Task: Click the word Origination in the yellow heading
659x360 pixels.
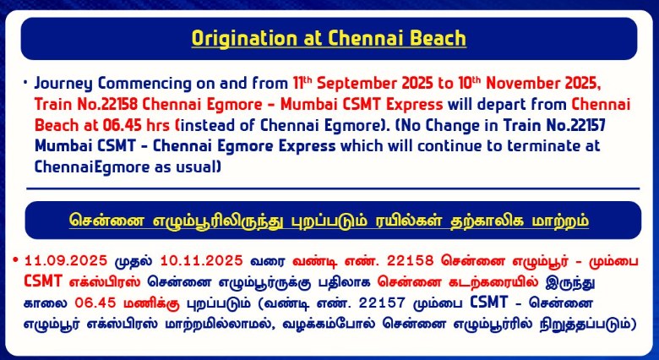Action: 245,38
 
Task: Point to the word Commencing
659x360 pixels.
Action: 145,84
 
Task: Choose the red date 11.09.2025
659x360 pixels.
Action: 66,261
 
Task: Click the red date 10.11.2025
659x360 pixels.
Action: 202,261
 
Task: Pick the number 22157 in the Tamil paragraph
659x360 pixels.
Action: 381,303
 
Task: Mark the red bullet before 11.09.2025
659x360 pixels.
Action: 16,260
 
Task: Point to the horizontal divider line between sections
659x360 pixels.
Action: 333,188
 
